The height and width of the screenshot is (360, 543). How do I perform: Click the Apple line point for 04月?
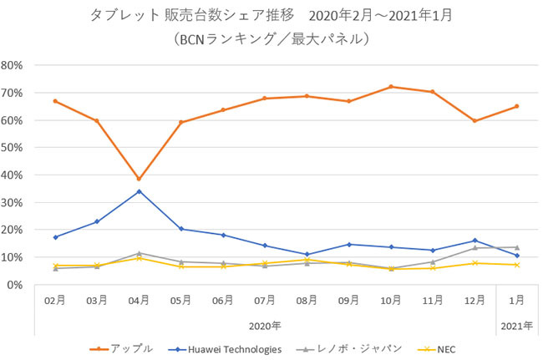(x=139, y=179)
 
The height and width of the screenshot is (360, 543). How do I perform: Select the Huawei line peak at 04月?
(x=139, y=191)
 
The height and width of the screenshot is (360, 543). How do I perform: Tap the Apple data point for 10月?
(x=391, y=87)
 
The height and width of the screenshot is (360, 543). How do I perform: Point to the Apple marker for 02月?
(x=55, y=101)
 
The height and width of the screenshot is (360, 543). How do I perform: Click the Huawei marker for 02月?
(x=55, y=237)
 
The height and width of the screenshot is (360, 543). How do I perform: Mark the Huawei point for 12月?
(x=474, y=241)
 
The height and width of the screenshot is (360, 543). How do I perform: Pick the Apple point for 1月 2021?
(x=517, y=106)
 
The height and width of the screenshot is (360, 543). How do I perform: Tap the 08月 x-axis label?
(x=307, y=299)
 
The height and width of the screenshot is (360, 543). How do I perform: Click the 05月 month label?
(x=180, y=299)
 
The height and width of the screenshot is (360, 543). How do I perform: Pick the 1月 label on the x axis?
(x=517, y=299)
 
